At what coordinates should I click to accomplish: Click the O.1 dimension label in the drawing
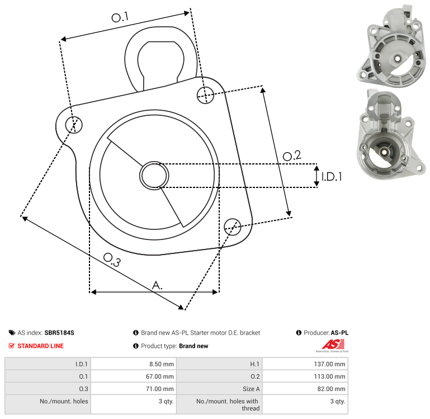point(120,17)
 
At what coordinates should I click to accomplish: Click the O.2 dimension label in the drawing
point(292,156)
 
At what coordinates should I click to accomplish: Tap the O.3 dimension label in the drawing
point(112,260)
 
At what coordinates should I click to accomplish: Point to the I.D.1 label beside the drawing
point(332,177)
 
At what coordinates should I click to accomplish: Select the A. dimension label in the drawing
point(157,285)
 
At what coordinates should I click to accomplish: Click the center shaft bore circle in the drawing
point(154,176)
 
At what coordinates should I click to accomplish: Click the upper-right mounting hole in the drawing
point(205,95)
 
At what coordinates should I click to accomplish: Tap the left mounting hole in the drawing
point(74,125)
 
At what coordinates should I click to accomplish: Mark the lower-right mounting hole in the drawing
point(233,227)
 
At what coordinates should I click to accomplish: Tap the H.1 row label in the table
point(255,364)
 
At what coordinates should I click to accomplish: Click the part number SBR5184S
point(59,333)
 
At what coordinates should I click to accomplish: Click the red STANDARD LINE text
point(41,346)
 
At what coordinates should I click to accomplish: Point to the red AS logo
point(333,345)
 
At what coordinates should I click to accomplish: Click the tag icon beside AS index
point(12,333)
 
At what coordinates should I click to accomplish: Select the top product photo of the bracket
point(391,46)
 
